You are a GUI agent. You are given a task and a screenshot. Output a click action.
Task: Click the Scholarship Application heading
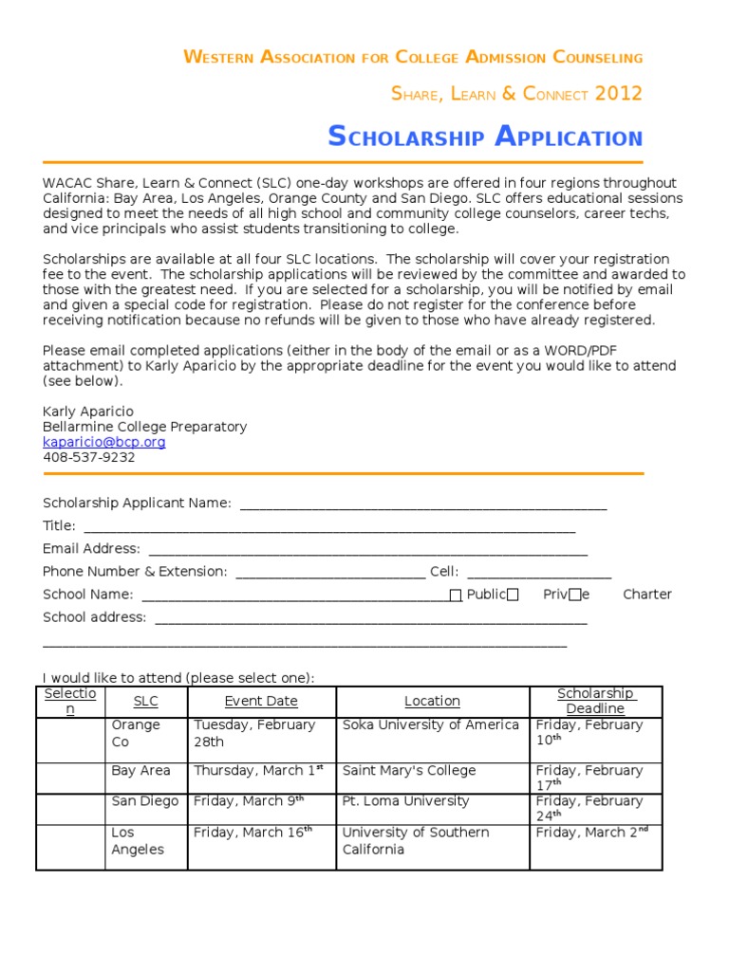[485, 137]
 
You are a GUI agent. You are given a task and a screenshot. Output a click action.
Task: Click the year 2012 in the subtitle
[619, 94]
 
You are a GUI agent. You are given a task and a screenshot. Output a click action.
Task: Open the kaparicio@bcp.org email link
[104, 442]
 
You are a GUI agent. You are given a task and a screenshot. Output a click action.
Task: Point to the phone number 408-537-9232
[89, 457]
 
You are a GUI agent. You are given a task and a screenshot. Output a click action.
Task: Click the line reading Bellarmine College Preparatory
[144, 427]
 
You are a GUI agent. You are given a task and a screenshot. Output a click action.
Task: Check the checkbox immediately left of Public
[456, 595]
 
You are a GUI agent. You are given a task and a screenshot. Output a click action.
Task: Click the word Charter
[646, 595]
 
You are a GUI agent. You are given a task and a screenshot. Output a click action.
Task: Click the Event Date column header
[261, 702]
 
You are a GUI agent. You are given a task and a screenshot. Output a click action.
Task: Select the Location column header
[432, 702]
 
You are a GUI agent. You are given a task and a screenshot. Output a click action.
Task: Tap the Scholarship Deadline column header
[595, 701]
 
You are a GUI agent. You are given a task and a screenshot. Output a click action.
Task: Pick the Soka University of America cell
[431, 725]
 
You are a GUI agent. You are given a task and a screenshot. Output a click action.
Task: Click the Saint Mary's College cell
[409, 771]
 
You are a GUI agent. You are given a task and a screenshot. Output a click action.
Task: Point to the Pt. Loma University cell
[405, 801]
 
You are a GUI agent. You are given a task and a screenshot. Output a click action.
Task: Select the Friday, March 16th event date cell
[249, 833]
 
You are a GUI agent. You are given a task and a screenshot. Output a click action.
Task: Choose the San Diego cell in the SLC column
[144, 801]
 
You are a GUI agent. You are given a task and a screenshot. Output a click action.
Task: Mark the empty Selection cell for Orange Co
[70, 740]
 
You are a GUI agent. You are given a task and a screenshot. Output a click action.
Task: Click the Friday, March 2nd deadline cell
[590, 833]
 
